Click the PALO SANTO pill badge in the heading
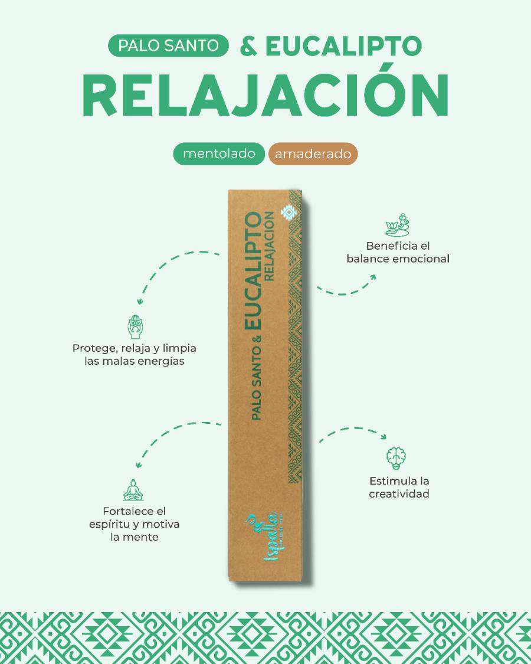(168, 46)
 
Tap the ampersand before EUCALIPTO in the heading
(250, 46)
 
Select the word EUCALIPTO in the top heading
(343, 46)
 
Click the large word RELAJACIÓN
(265, 96)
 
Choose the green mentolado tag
(218, 154)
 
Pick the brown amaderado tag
(313, 154)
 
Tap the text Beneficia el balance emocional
(398, 252)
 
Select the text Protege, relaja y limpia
(135, 348)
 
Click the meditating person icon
(133, 489)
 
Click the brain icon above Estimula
(396, 457)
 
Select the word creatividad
(399, 494)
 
